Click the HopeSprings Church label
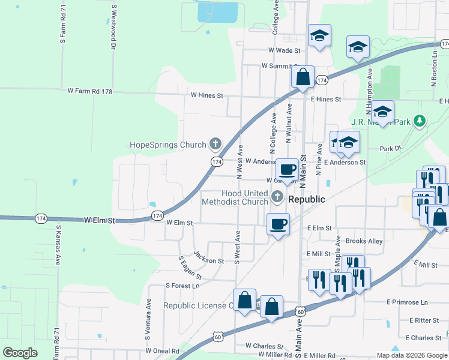click(x=169, y=145)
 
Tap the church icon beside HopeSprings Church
click(x=215, y=144)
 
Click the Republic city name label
click(x=307, y=199)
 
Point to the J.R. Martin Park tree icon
click(x=420, y=122)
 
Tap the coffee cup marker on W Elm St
click(x=278, y=225)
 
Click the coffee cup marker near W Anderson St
click(x=288, y=170)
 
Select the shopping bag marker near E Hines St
click(x=303, y=77)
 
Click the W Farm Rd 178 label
click(x=90, y=91)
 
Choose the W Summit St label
click(x=280, y=66)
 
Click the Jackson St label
click(x=209, y=261)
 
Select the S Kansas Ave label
click(x=59, y=245)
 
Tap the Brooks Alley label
click(x=364, y=241)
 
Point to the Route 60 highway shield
click(x=301, y=311)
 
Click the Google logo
click(x=20, y=353)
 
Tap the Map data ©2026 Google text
click(x=412, y=355)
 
